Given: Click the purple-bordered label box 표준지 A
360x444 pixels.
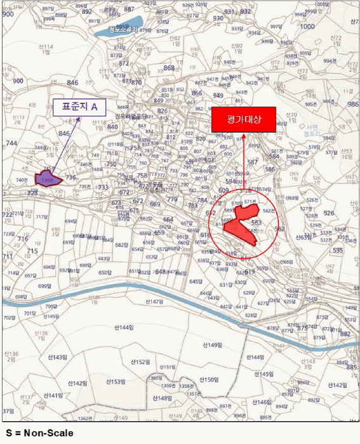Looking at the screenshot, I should pos(79,107).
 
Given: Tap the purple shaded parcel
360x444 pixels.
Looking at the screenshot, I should pos(48,179).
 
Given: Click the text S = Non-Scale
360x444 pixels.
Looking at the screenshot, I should pos(39,433).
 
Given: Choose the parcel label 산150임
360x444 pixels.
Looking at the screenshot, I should pos(209,379).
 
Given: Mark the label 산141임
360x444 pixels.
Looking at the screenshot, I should pos(53,395).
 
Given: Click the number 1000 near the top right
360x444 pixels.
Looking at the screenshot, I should pos(307,27).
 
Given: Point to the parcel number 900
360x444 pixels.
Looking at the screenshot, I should pos(18,81).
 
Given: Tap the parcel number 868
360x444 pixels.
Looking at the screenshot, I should pos(169,68).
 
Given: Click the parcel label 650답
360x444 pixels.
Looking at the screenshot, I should pos(105,273).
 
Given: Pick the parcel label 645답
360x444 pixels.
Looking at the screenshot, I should pos(196,281).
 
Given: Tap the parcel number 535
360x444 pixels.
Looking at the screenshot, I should pos(338,251).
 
